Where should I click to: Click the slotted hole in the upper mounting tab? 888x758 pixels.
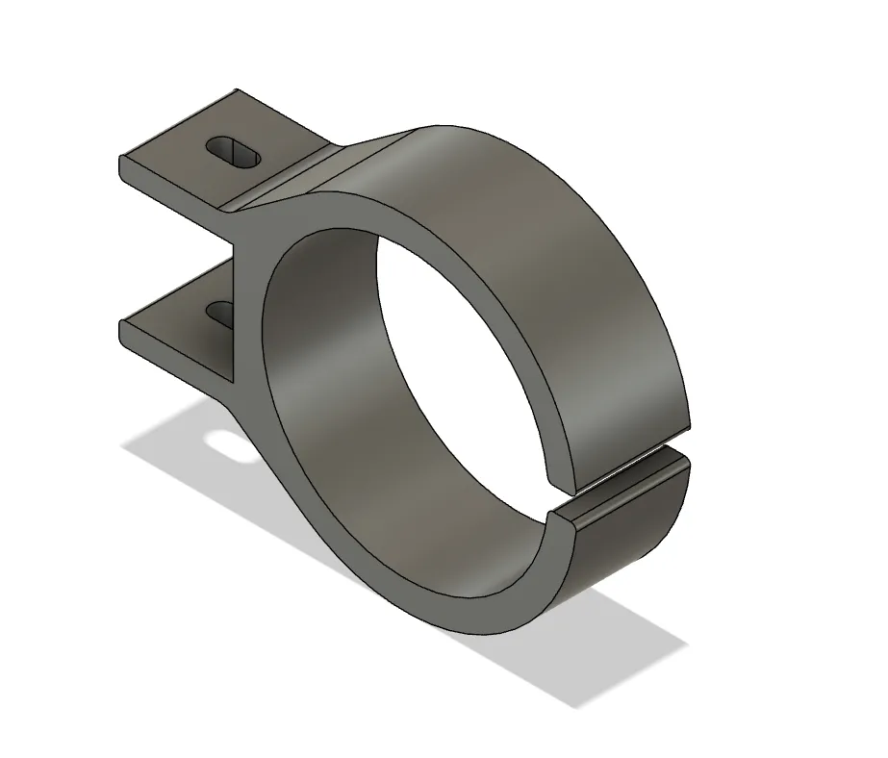(234, 152)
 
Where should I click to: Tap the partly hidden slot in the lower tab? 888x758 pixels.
(220, 313)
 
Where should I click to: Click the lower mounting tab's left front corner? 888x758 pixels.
(120, 323)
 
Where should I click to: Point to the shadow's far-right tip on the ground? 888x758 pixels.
(686, 642)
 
